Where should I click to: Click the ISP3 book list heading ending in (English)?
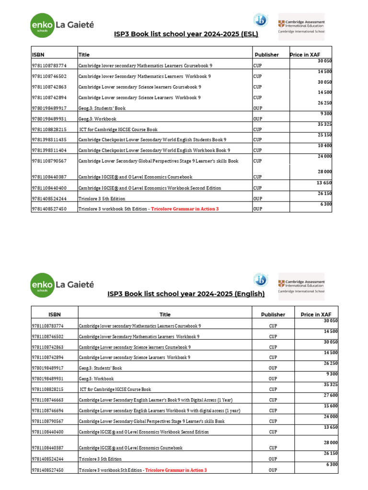point(186,294)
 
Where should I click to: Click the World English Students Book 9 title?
point(152,140)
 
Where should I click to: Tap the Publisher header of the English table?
point(273,314)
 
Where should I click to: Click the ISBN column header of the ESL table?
point(38,55)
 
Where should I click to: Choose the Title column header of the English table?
point(165,314)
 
